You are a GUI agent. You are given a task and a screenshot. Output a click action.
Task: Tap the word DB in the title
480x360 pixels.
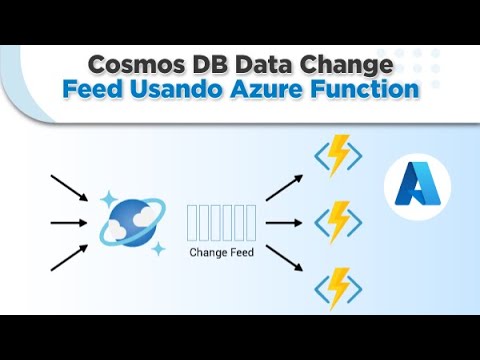206,65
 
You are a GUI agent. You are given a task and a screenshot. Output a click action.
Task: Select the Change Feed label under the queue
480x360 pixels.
221,253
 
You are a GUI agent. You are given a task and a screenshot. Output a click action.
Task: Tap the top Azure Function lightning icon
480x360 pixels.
338,158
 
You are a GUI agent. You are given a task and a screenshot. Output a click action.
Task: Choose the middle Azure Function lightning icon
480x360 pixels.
338,221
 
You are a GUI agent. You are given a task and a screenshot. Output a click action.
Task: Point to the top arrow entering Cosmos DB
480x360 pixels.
71,187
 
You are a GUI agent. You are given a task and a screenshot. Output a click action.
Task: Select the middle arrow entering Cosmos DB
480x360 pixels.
71,222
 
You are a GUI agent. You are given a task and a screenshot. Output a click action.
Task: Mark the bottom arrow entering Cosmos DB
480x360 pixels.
71,258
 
